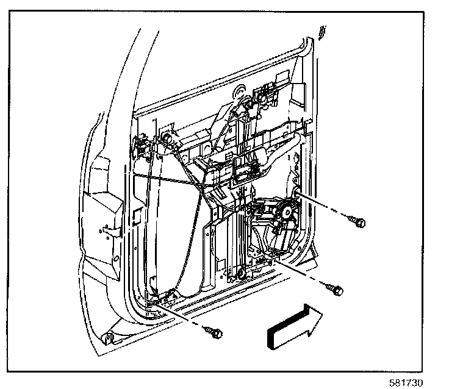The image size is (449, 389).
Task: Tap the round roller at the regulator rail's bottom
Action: [241, 273]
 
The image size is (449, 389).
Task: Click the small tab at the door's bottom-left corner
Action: [108, 337]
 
